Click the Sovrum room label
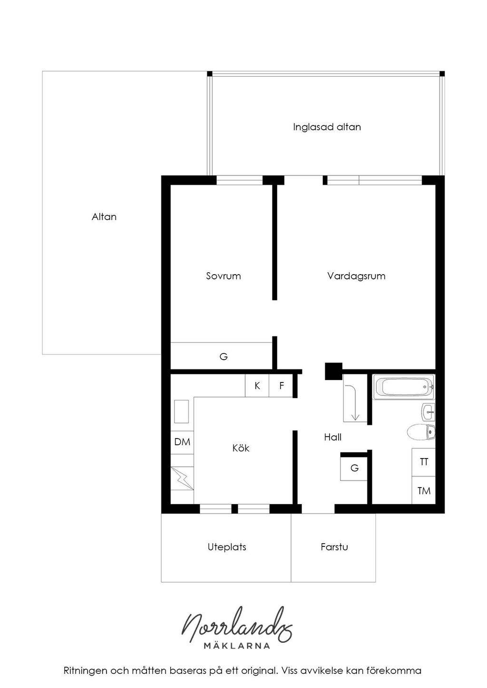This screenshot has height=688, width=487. click(224, 276)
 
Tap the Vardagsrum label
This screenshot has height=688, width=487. click(356, 276)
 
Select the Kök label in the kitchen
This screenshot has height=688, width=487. click(241, 448)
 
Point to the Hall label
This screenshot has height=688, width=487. click(332, 437)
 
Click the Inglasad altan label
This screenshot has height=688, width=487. click(327, 127)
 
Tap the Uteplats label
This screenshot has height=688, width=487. click(227, 547)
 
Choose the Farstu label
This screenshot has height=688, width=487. click(334, 547)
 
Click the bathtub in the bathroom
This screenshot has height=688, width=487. click(404, 387)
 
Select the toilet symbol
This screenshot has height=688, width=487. click(421, 432)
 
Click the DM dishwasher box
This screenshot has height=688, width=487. click(182, 443)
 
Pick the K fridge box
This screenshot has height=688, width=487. click(257, 386)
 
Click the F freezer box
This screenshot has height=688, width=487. click(281, 386)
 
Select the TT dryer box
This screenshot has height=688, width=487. click(424, 462)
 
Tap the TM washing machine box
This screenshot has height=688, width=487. click(424, 490)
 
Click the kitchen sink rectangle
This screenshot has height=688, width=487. click(181, 411)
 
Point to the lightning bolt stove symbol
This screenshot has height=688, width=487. click(182, 478)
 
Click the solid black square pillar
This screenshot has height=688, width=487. click(333, 372)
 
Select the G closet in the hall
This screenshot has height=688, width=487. click(354, 468)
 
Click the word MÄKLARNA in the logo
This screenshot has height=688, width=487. click(237, 646)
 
